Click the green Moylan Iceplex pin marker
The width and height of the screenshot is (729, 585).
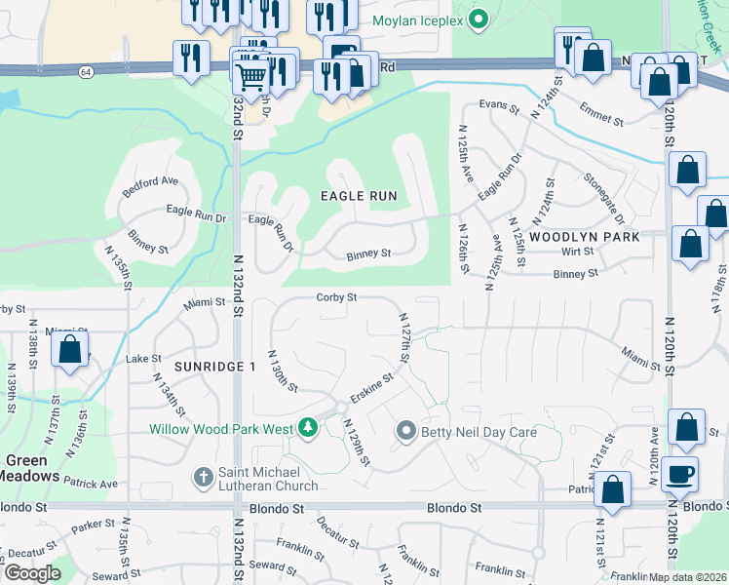[478, 19]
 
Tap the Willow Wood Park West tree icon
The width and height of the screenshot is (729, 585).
[308, 428]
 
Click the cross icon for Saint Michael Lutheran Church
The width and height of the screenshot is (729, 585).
[203, 477]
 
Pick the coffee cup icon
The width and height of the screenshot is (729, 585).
[679, 474]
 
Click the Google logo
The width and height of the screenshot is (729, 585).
[31, 572]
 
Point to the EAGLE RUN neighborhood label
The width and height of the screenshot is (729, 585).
[359, 196]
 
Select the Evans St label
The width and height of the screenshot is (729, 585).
[498, 104]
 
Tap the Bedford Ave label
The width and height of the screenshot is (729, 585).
[150, 181]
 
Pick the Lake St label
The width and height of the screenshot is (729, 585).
[142, 359]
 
